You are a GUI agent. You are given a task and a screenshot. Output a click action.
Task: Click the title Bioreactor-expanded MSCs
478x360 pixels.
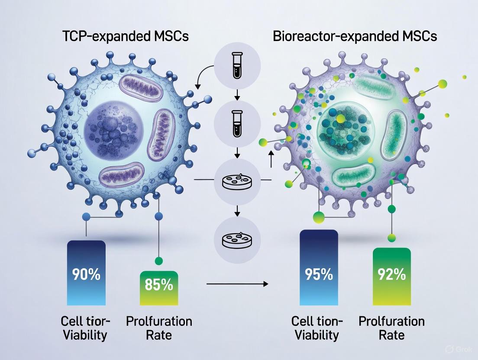point(355,36)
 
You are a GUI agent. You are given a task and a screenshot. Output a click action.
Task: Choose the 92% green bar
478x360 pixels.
point(391,277)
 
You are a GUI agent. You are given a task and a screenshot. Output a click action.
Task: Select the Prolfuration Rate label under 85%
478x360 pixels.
point(159,328)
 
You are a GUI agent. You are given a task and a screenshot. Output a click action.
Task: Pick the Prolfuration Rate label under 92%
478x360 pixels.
point(391,328)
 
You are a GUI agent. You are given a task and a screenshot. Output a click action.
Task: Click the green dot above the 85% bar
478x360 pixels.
point(158,260)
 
